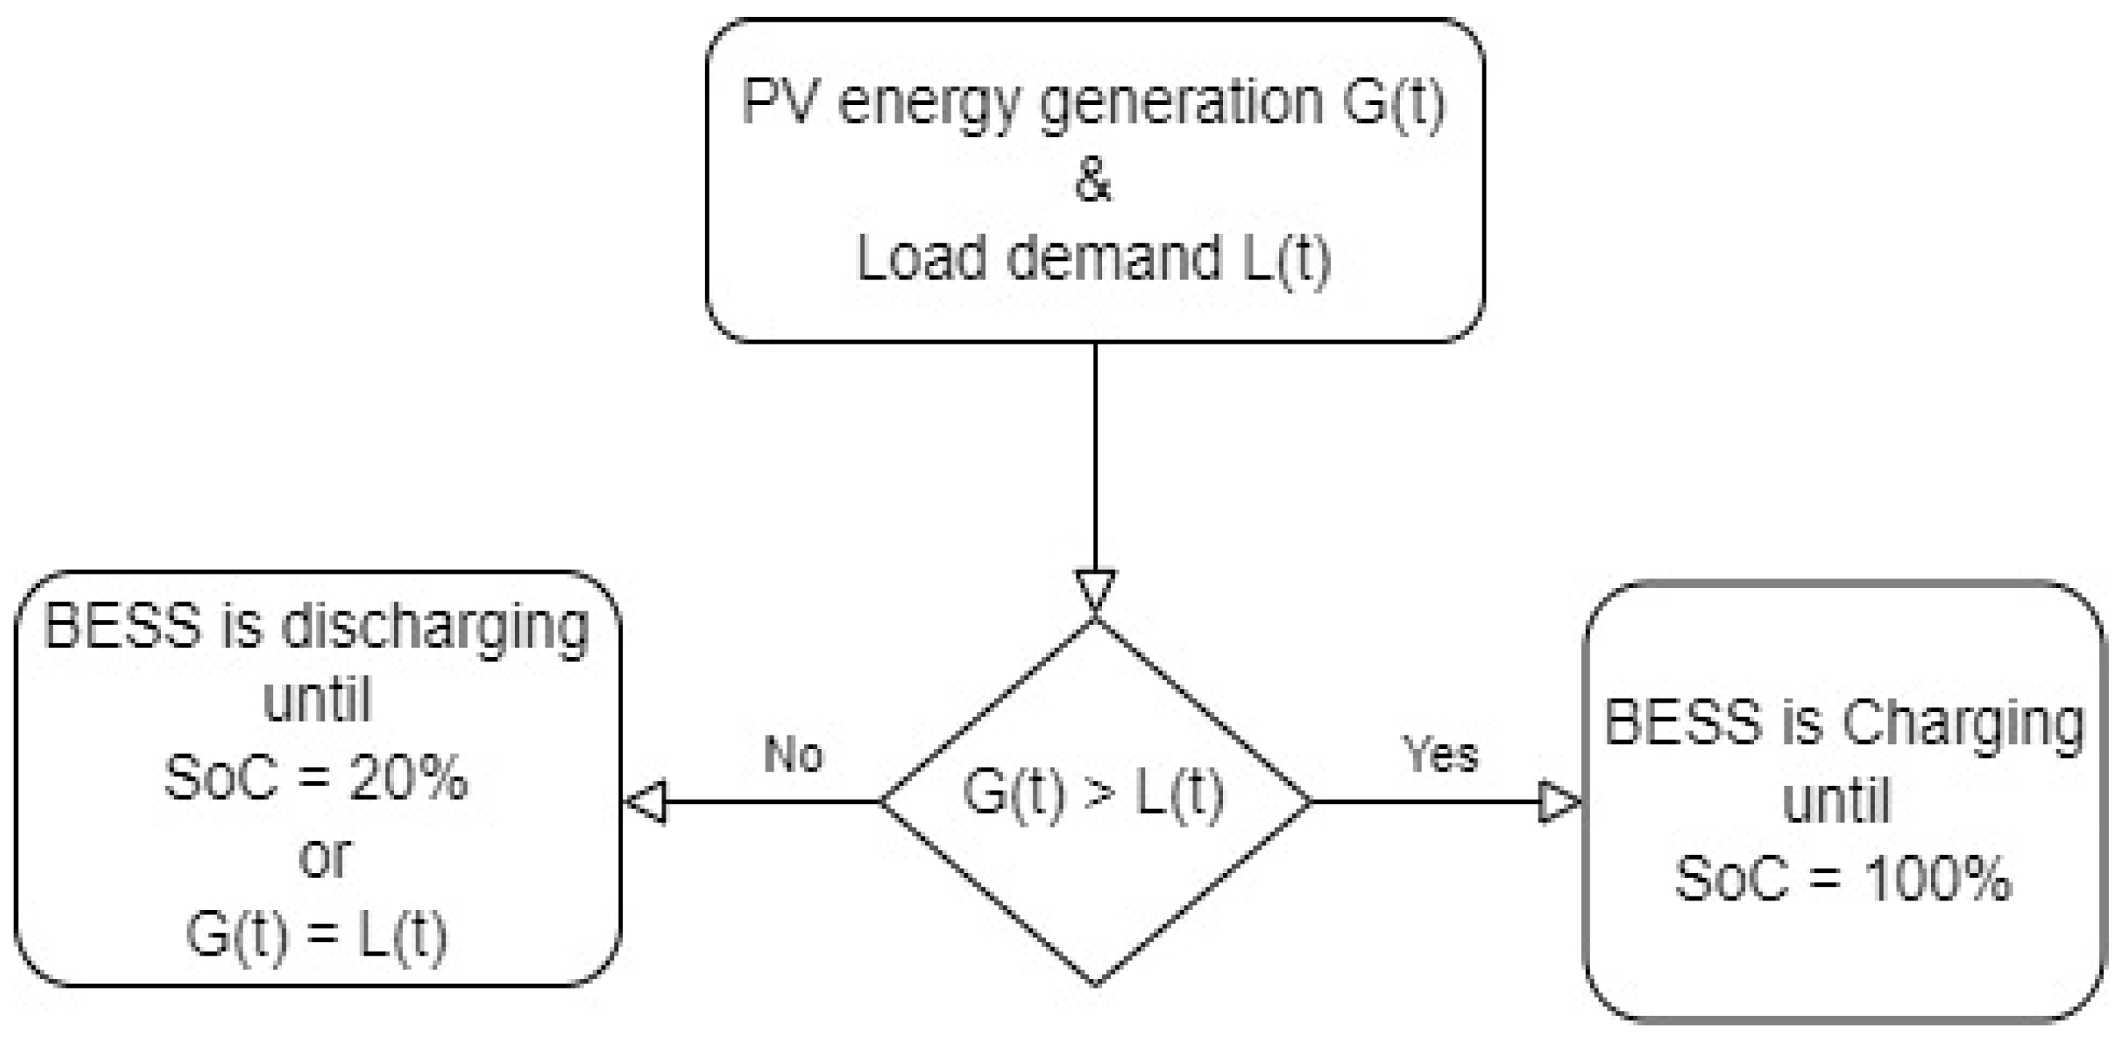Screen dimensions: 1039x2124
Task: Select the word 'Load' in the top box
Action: (922, 258)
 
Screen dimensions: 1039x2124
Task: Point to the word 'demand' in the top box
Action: (1114, 258)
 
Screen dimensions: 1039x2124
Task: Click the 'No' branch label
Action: (793, 754)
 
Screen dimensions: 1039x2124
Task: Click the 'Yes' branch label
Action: (1441, 754)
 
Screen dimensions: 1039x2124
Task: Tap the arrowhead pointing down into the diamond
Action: (1095, 590)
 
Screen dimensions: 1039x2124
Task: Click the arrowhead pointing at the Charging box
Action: (1559, 801)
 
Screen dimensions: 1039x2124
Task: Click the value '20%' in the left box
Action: (409, 778)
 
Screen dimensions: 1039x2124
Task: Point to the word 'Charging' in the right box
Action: (1962, 724)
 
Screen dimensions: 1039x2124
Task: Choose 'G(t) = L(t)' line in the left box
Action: (316, 935)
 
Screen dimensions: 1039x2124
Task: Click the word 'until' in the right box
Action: (1836, 801)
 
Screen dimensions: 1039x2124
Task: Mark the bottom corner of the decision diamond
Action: (1095, 983)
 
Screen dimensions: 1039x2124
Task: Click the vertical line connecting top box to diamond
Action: (1095, 453)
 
